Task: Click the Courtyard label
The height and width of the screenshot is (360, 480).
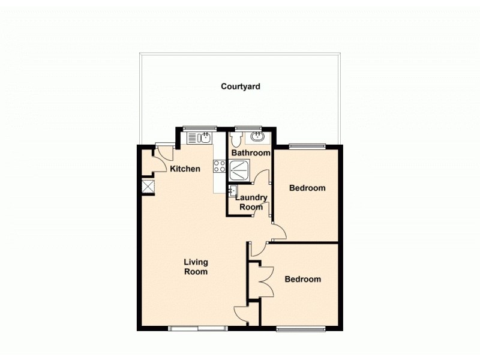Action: pos(240,86)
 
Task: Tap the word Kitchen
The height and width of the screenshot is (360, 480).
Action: pos(185,169)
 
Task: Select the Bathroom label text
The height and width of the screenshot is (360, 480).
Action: pos(251,153)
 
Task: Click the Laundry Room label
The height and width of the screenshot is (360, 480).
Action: pos(251,202)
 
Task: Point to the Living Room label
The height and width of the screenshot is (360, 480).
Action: pos(196,267)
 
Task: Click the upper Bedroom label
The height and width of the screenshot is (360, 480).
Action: pos(307,188)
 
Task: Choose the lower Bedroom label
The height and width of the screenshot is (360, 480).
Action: pos(302,279)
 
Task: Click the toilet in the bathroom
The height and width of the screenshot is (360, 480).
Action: pos(236,139)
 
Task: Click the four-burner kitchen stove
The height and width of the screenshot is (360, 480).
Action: pos(220,166)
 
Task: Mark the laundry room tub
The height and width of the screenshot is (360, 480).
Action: pos(232,191)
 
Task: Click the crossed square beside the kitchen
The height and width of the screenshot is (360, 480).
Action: pos(147,187)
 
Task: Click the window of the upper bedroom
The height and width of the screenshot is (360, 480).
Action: pos(307,145)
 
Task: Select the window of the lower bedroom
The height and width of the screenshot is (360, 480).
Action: pos(301,328)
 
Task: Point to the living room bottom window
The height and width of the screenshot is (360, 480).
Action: pos(197,328)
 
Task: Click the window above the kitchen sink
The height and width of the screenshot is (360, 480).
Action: pos(200,127)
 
